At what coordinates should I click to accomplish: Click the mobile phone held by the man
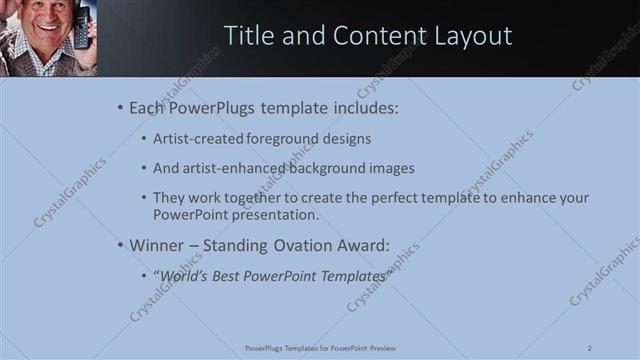click(x=81, y=27)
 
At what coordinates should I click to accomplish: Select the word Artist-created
click(x=198, y=138)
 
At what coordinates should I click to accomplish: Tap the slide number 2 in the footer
click(x=589, y=348)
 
